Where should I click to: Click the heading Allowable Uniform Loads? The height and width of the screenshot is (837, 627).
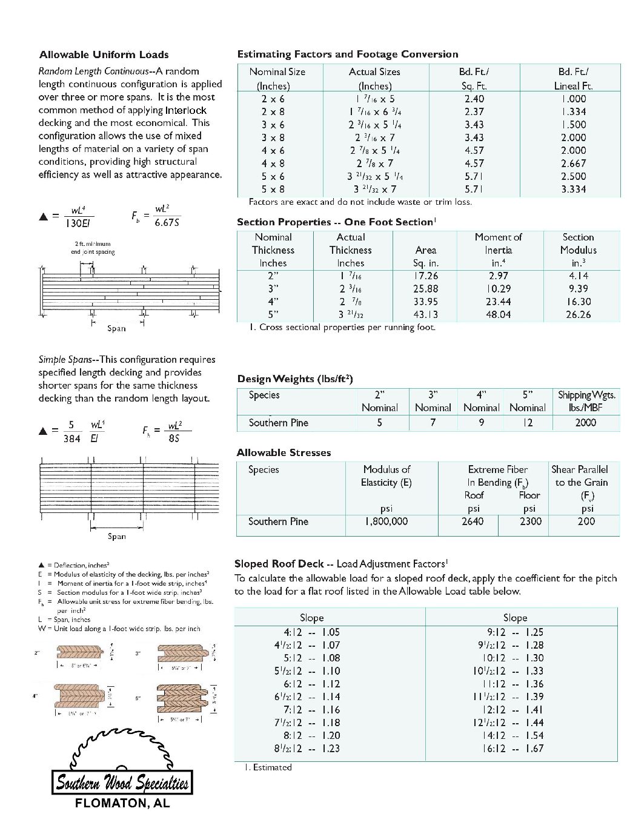(104, 55)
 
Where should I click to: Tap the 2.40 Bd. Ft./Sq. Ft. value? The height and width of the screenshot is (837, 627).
(474, 99)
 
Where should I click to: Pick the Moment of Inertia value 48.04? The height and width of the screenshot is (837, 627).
(498, 314)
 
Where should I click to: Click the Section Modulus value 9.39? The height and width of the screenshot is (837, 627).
(579, 289)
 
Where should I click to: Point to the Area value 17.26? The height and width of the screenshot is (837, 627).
(425, 276)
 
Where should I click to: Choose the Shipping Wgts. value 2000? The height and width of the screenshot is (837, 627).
(585, 423)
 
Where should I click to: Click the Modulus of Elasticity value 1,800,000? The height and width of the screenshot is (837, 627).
(386, 521)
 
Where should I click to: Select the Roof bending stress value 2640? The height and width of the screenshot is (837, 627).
(473, 521)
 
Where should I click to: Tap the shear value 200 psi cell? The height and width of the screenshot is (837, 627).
(586, 521)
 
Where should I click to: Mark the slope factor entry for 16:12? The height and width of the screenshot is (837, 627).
(515, 749)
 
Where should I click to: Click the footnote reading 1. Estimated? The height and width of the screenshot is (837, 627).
(268, 767)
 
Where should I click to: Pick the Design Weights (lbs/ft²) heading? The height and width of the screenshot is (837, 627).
(294, 379)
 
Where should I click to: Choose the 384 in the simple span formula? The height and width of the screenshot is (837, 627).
(71, 438)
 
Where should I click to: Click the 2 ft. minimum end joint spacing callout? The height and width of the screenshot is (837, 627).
(93, 248)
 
